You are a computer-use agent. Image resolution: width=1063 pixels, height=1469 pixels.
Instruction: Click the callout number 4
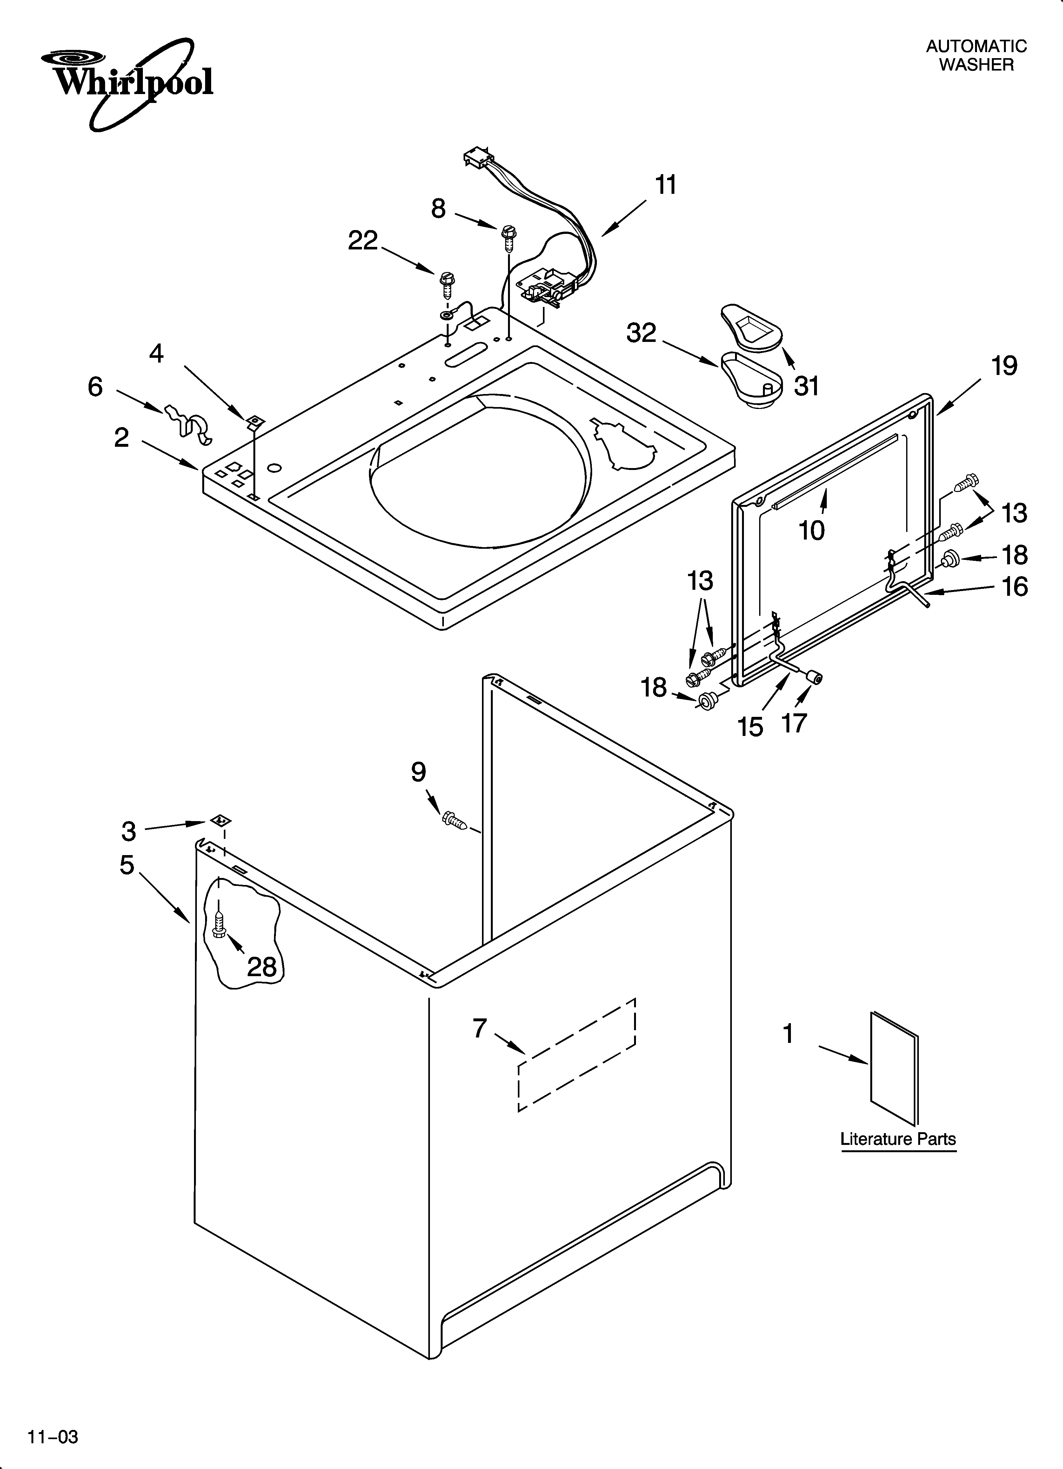coord(157,354)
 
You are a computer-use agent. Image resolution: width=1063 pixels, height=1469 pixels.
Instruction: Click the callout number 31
coord(807,387)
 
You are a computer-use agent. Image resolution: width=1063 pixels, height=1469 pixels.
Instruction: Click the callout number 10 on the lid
coord(812,530)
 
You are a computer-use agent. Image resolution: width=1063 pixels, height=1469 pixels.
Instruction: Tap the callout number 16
coord(1014,587)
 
